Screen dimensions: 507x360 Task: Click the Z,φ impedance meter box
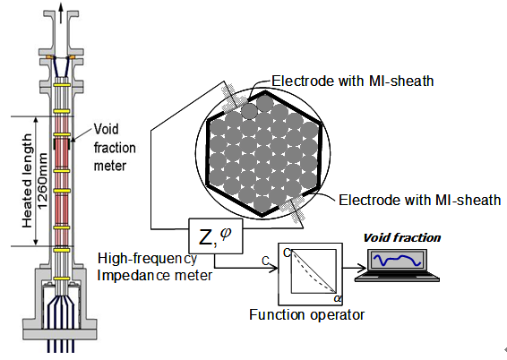[x=216, y=236]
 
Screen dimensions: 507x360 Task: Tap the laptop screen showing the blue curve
[x=398, y=260]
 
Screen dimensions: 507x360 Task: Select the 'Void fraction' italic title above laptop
[x=402, y=238]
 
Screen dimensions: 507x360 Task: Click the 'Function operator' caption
[x=307, y=314]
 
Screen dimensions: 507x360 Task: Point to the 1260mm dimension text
[x=42, y=181]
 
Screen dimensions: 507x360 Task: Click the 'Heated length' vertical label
[x=27, y=181]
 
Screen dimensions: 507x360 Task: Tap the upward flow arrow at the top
[x=61, y=13]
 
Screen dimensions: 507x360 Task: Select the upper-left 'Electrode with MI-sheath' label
[x=352, y=81]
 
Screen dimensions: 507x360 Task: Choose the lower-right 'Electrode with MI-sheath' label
[x=420, y=200]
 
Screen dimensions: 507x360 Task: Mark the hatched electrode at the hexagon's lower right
[x=293, y=209]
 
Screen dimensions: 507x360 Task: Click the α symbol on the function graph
[x=338, y=298]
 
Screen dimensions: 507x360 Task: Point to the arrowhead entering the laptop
[x=363, y=268]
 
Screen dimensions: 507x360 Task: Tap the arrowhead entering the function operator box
[x=274, y=268]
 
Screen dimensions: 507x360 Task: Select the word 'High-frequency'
[x=147, y=259]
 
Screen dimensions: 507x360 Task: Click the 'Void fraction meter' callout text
[x=115, y=148]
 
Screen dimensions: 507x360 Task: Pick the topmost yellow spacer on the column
[x=62, y=85]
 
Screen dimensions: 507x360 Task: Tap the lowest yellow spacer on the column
[x=62, y=279]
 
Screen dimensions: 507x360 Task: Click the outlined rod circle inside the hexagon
[x=250, y=111]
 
